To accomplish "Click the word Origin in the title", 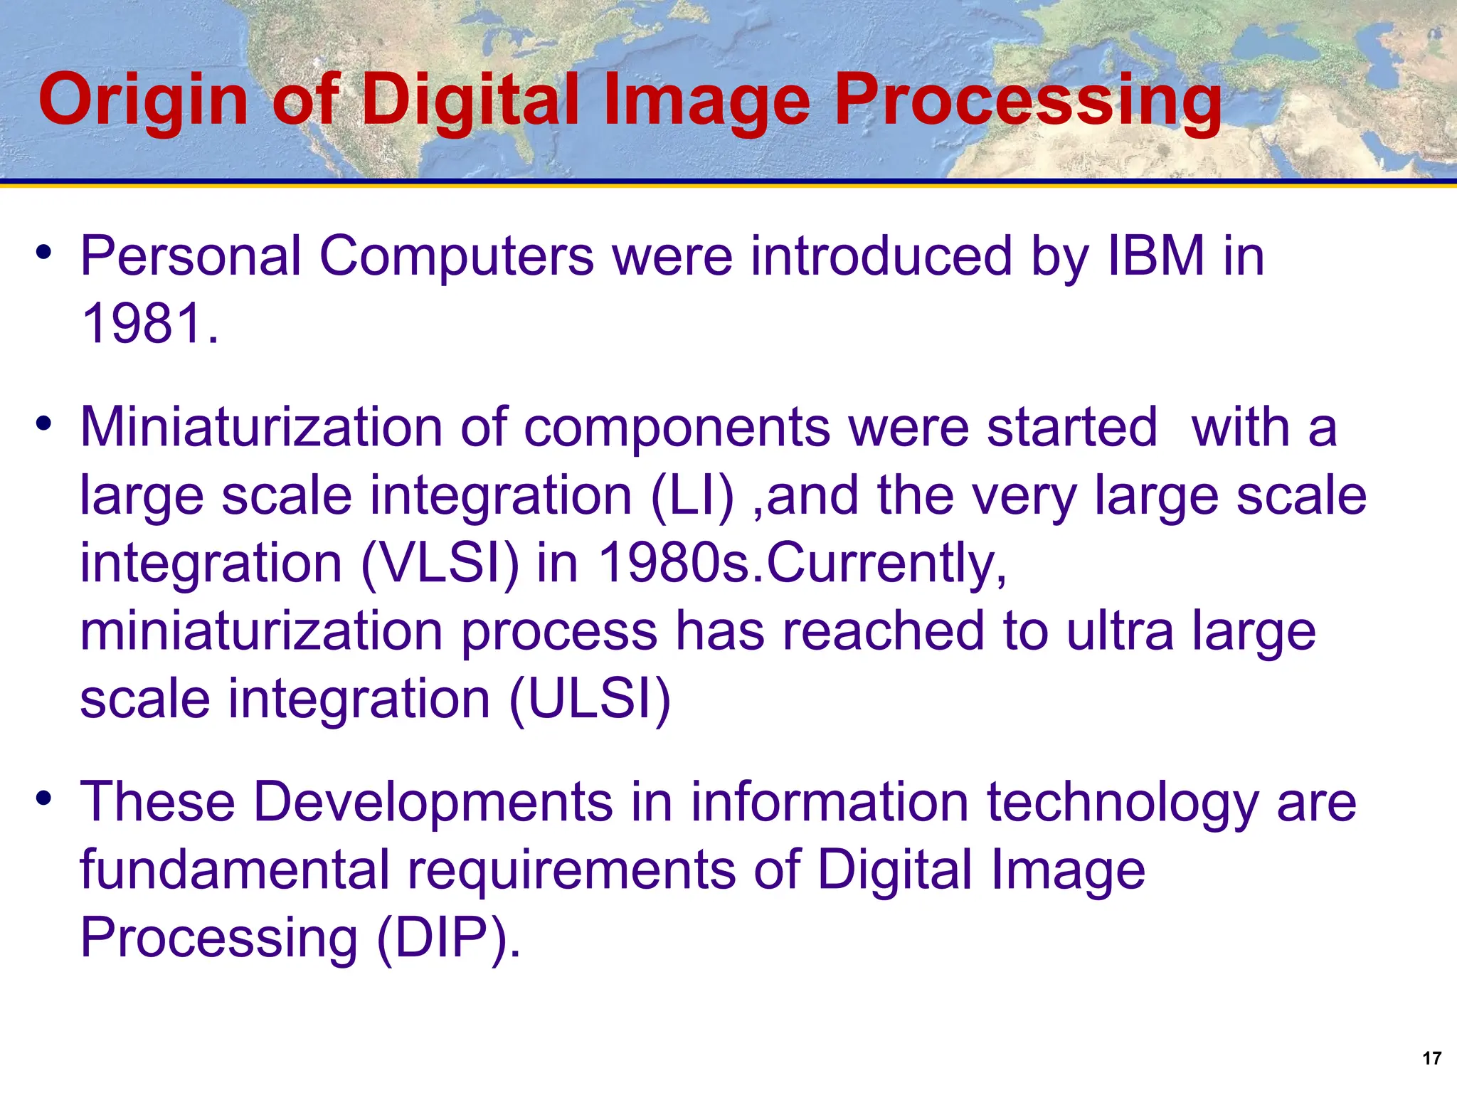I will [143, 101].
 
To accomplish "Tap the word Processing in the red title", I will [1027, 101].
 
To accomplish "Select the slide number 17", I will [1431, 1058].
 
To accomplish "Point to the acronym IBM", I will [1156, 256].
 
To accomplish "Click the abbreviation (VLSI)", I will [440, 564].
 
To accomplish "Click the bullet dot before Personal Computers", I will [44, 252].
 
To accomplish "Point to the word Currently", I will [886, 564].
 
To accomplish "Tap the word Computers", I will [456, 256].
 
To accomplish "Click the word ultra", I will [1120, 631].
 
